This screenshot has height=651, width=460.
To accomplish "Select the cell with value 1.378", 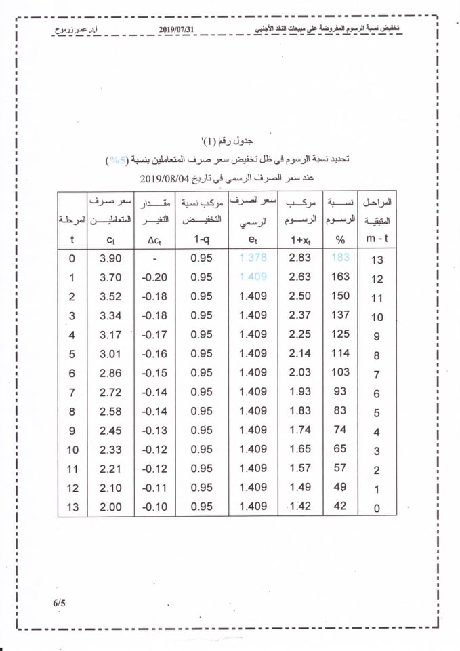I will point(253,258).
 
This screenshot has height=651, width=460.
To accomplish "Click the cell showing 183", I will point(340,258).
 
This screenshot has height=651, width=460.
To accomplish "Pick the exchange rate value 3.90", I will point(110,258).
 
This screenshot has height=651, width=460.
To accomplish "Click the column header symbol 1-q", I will point(201,239).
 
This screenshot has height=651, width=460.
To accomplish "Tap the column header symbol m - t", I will point(377,239).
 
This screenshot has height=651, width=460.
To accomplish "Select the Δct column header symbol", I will point(155,240).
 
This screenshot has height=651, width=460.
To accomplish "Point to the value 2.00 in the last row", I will point(110,507).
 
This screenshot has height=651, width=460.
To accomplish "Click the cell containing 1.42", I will point(299,507).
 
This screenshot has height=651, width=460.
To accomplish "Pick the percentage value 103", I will point(340,372).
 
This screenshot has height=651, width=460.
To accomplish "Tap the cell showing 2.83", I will point(299,258).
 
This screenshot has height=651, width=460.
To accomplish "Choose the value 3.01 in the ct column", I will point(110,353).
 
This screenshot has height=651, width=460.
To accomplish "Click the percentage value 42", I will point(340,506).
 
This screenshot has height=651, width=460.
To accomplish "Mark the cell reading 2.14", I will point(299,353).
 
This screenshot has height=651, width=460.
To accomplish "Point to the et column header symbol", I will point(253,240).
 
